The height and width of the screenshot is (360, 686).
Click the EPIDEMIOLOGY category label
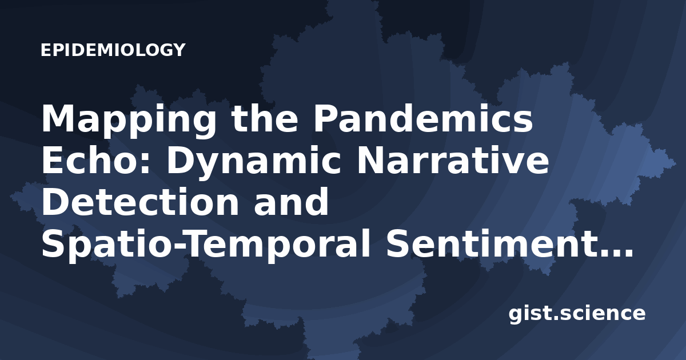[x=113, y=50]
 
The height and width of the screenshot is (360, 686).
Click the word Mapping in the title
[x=129, y=121]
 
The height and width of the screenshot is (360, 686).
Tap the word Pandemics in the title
[x=423, y=118]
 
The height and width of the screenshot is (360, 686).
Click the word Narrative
[x=453, y=161]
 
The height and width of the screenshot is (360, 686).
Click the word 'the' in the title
[x=264, y=118]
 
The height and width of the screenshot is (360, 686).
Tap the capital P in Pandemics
[x=325, y=118]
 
